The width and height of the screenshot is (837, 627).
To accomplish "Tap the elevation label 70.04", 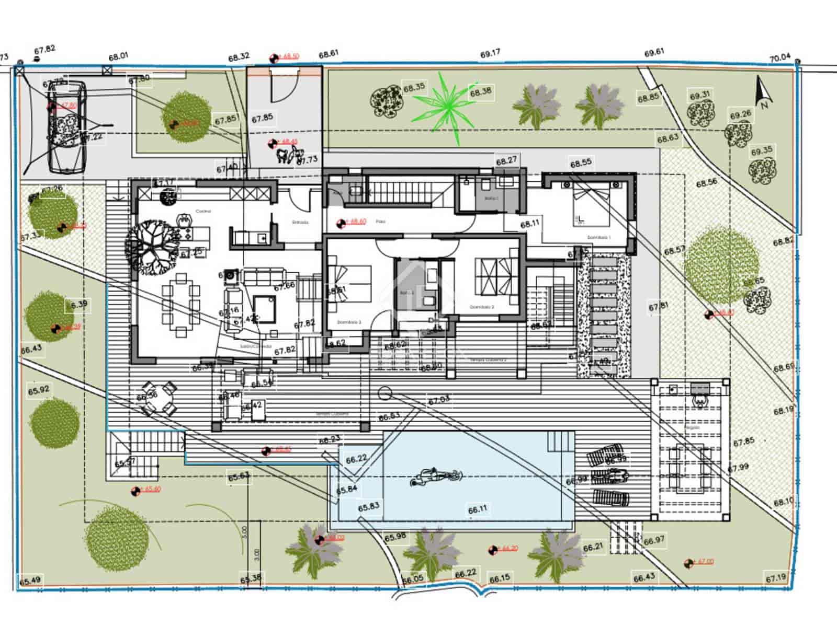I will (779, 58).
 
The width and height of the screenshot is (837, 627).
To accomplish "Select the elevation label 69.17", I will (490, 53).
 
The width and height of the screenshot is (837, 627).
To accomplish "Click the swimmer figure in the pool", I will (436, 478).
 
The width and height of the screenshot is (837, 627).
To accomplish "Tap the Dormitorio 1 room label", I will (598, 238).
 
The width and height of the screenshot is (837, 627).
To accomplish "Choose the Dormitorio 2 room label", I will (481, 307).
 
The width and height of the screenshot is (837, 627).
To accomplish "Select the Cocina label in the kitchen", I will (203, 211).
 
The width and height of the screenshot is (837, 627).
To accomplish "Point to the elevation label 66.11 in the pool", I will (478, 509).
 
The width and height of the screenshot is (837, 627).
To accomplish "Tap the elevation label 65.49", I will (30, 581).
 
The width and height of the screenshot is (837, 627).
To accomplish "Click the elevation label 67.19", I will (776, 578).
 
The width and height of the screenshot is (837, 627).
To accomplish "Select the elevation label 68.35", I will (414, 87).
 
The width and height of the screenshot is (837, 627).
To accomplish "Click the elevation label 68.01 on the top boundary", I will (118, 56).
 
